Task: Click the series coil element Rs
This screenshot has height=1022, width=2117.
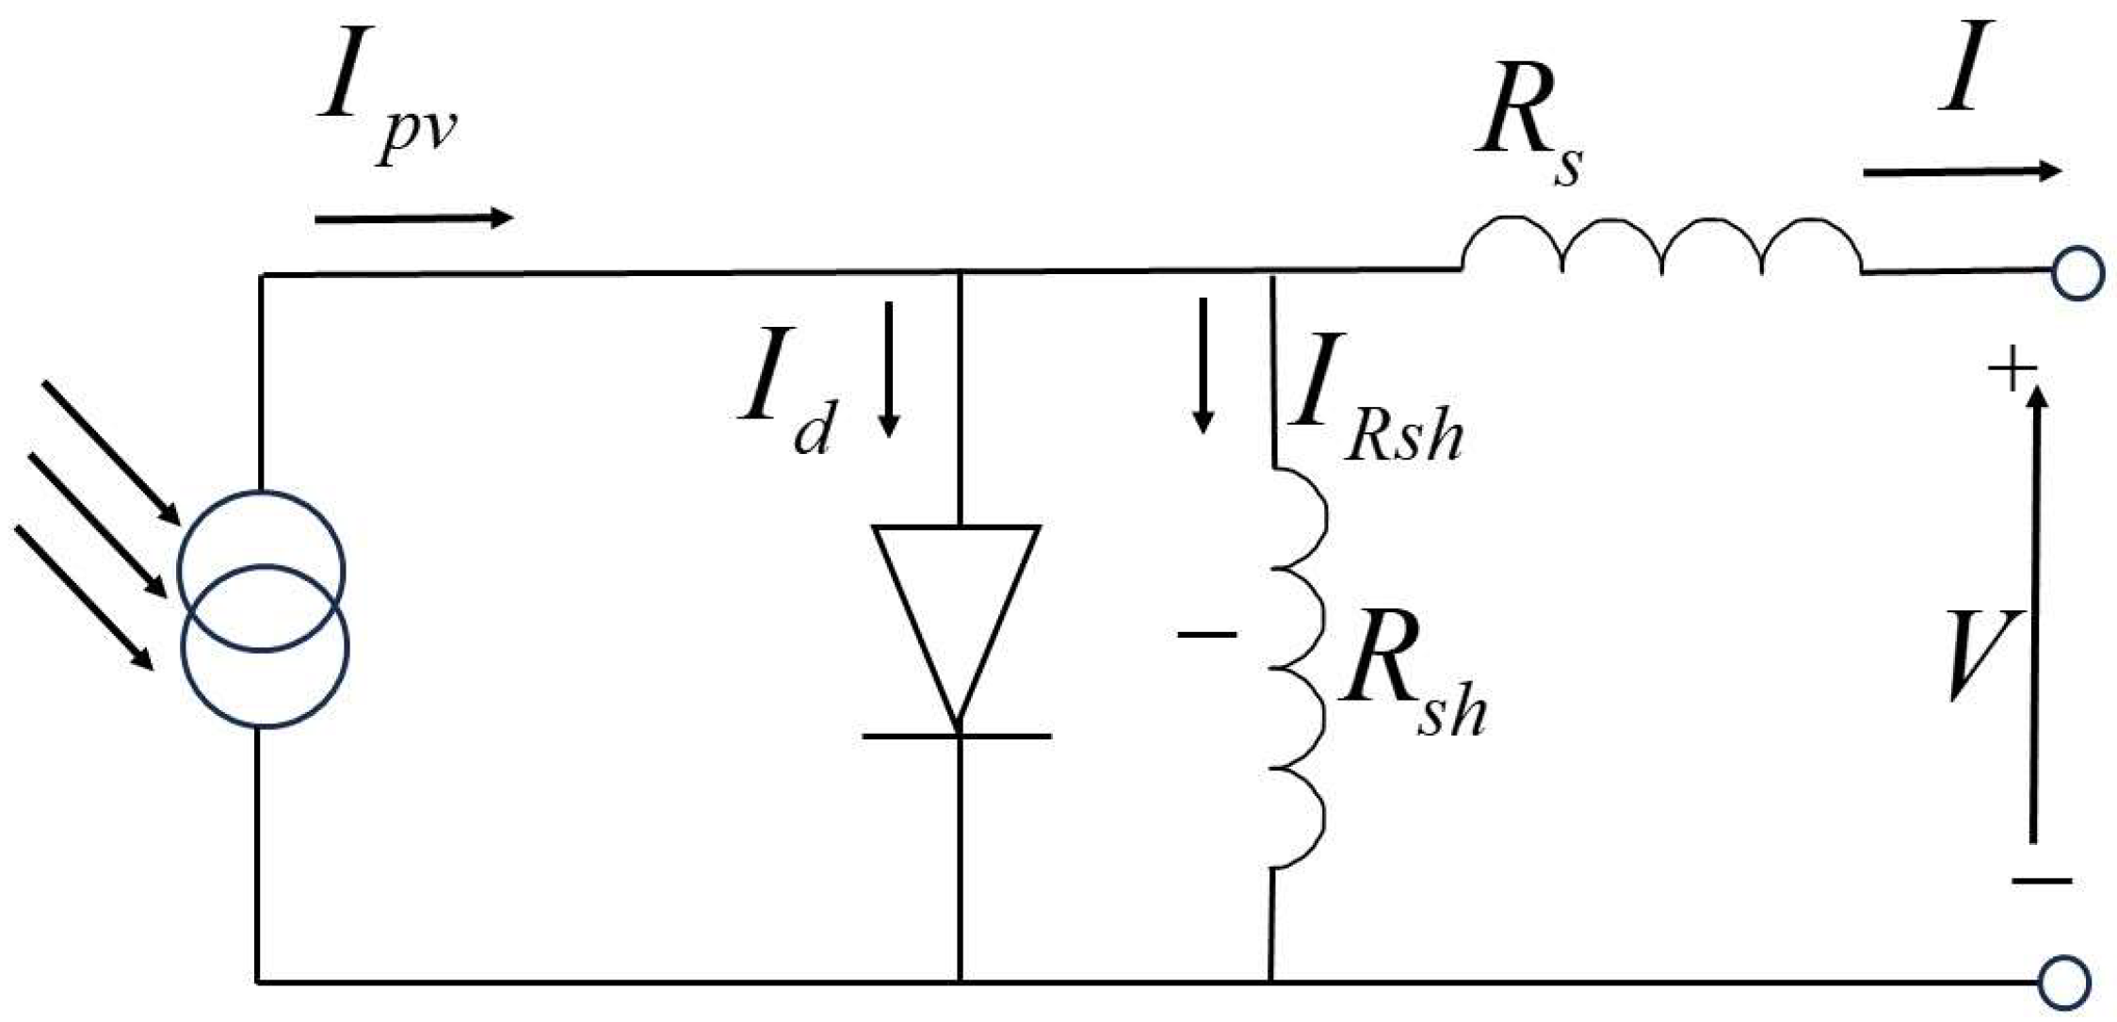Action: [1661, 247]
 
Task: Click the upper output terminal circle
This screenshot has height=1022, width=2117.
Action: [2076, 274]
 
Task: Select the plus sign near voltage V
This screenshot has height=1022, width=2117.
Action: [2012, 369]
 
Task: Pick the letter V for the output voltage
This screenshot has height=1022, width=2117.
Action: [1983, 654]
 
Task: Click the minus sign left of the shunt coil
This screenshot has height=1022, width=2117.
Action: [1206, 635]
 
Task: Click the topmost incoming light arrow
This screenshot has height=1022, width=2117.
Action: [110, 452]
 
